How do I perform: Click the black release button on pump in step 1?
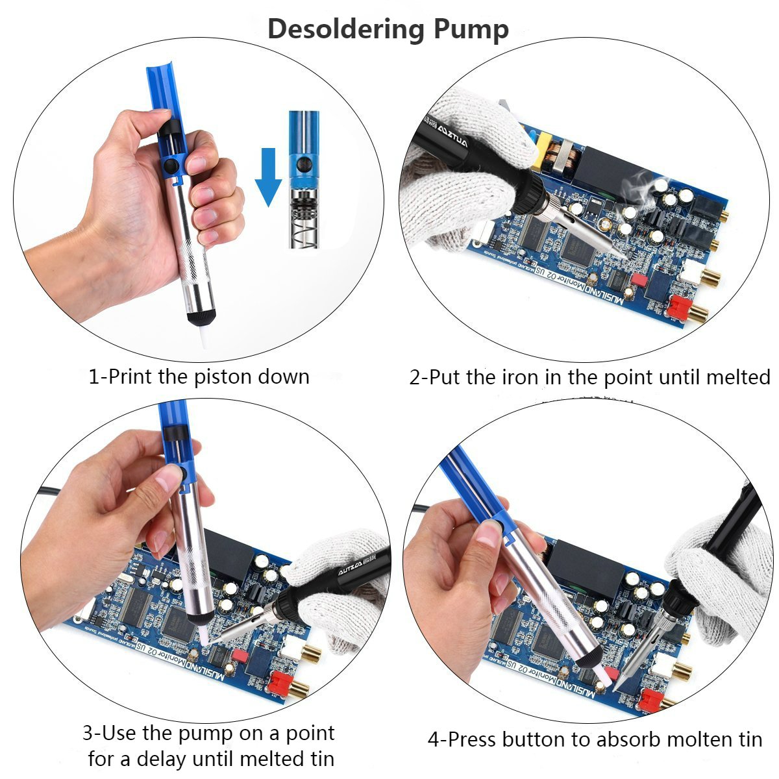point(172,167)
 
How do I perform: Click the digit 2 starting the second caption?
point(415,377)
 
